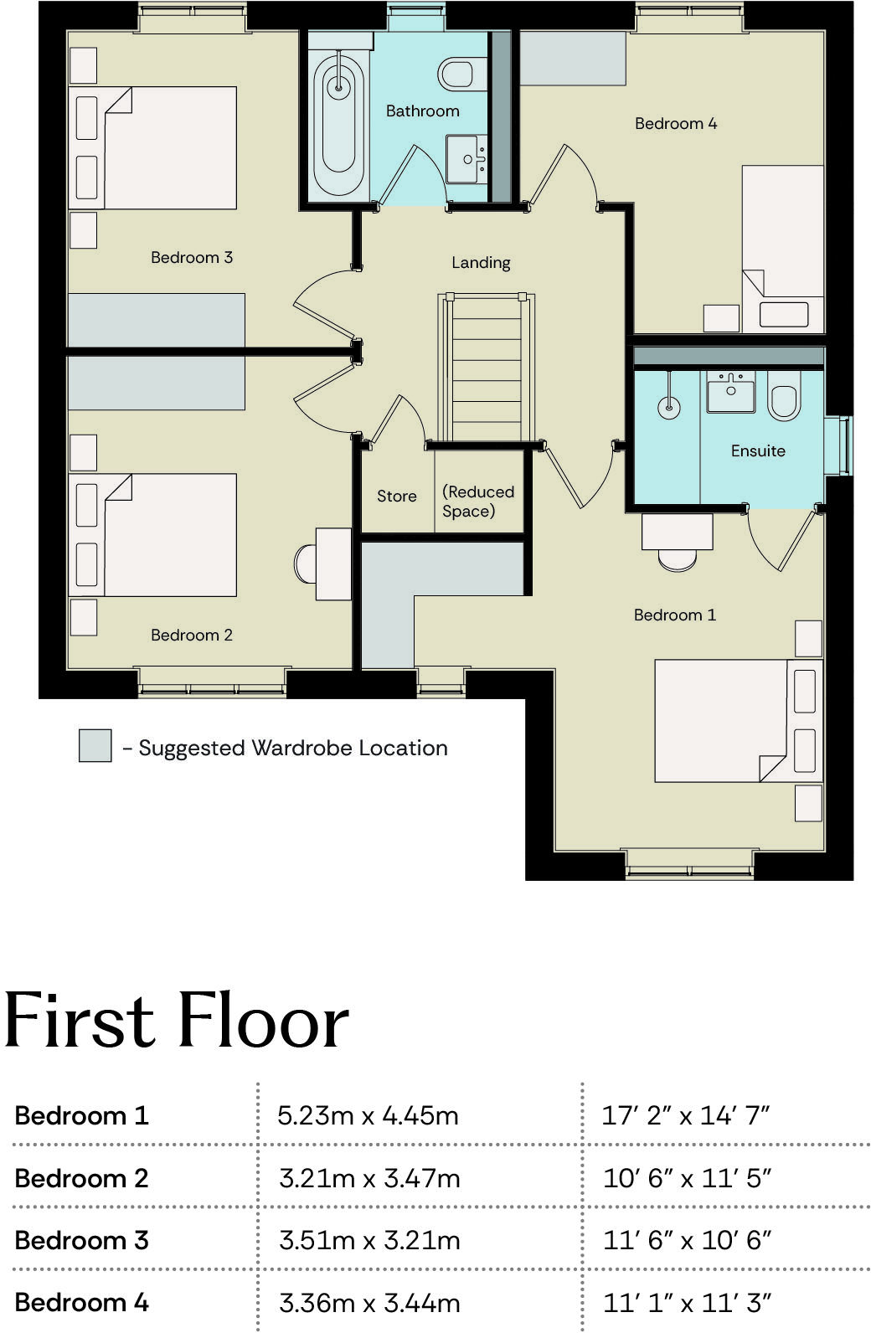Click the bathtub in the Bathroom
point(338,121)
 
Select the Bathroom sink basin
point(466,158)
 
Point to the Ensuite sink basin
point(730,393)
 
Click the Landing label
point(481,262)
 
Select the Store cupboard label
point(396,496)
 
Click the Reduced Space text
point(477,501)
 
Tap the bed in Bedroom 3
point(167,147)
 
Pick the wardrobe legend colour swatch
point(95,745)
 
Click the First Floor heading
point(176,1021)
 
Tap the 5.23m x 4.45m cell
point(368,1115)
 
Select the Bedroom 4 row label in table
point(81,1302)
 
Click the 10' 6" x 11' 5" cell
point(687,1178)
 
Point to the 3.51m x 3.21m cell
point(369,1240)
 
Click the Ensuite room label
point(758,450)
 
